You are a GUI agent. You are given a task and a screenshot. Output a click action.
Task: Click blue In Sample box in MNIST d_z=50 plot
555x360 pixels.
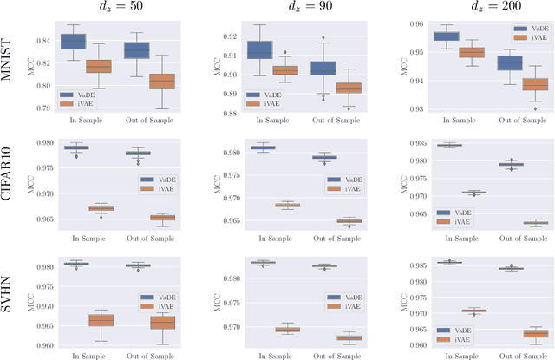[x=73, y=41]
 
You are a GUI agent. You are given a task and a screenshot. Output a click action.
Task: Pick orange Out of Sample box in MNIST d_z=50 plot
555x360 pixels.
[x=161, y=81]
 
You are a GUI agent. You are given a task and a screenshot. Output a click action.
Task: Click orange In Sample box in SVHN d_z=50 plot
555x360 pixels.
[x=101, y=321]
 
